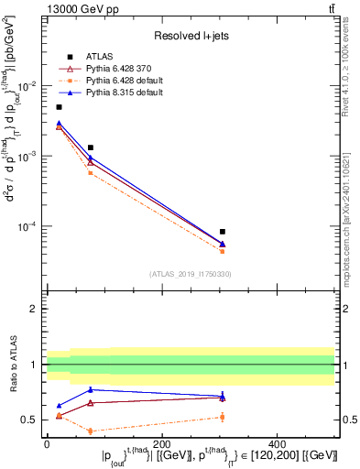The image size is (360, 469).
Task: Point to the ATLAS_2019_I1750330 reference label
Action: [191, 274]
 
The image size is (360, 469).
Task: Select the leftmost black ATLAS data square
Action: [59, 107]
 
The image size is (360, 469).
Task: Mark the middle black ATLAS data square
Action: [91, 147]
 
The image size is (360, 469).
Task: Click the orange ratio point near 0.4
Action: [91, 431]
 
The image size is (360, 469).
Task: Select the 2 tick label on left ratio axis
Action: [33, 310]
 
